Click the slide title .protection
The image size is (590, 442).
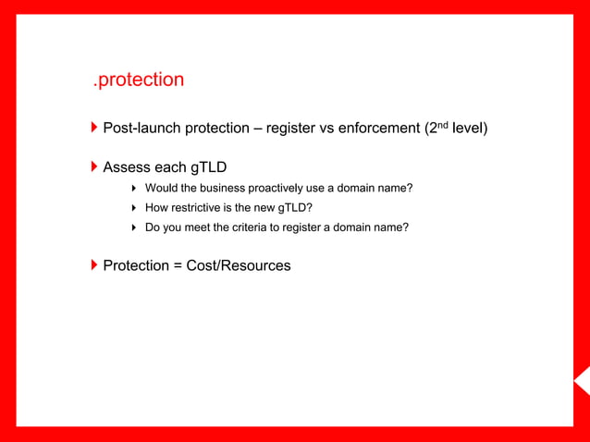pyautogui.click(x=138, y=80)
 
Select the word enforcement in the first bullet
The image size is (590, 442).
pyautogui.click(x=378, y=128)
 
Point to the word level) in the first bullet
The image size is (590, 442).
pyautogui.click(x=470, y=128)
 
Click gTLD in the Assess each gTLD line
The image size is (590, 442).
pyautogui.click(x=208, y=167)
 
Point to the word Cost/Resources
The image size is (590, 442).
pyautogui.click(x=239, y=265)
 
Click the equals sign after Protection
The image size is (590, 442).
pyautogui.click(x=177, y=265)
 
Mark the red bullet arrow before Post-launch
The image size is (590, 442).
pyautogui.click(x=94, y=127)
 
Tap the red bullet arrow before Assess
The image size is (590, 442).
pyautogui.click(x=94, y=166)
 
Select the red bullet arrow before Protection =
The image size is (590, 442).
pyautogui.click(x=94, y=264)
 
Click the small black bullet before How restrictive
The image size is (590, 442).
pyautogui.click(x=135, y=208)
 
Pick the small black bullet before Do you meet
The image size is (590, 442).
pyautogui.click(x=135, y=227)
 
